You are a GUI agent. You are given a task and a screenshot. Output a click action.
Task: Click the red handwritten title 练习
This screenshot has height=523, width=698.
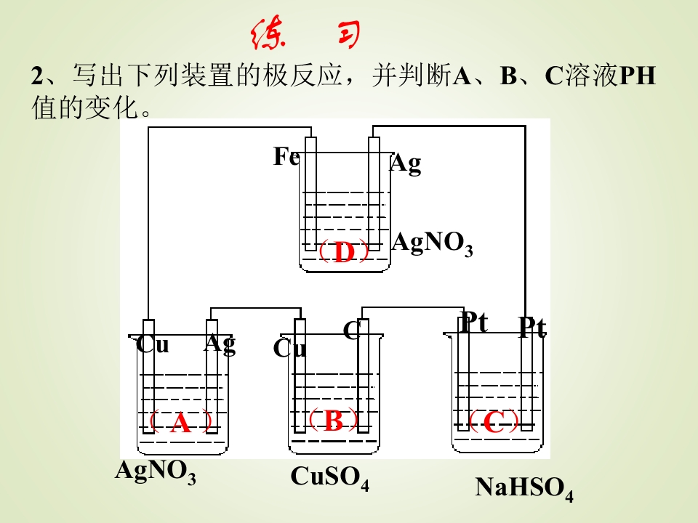click(x=305, y=33)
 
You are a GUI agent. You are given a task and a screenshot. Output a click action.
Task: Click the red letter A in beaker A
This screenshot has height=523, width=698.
click(x=181, y=423)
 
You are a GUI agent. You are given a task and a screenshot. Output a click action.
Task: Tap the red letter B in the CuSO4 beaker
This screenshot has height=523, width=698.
click(x=334, y=420)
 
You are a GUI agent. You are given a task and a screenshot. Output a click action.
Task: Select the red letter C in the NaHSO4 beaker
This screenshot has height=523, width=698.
click(x=494, y=421)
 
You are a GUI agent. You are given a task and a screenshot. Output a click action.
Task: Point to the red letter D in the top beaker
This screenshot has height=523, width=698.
click(x=344, y=252)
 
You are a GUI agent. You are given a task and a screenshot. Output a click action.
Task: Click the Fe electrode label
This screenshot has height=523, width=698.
click(x=286, y=156)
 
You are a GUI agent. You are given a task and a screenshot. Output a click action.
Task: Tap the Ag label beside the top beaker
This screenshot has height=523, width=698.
click(x=406, y=163)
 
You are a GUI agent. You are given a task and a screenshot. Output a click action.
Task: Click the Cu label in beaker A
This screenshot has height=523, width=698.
click(x=153, y=344)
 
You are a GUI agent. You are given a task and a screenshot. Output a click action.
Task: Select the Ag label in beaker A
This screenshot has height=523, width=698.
click(x=220, y=344)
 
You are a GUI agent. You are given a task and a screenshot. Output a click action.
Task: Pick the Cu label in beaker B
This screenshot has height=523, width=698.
click(x=290, y=348)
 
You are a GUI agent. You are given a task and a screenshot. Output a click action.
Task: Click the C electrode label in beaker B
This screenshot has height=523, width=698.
click(x=351, y=331)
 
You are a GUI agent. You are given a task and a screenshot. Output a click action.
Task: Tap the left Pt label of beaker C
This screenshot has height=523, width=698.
click(x=475, y=322)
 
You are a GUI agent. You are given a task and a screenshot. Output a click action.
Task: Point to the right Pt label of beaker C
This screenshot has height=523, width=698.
click(x=533, y=328)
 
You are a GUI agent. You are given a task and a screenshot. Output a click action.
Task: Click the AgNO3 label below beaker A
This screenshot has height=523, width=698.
click(x=156, y=471)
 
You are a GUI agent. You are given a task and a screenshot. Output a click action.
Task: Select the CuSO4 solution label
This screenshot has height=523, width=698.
click(x=330, y=478)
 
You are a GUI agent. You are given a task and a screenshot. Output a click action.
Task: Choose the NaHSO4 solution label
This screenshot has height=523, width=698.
click(x=524, y=488)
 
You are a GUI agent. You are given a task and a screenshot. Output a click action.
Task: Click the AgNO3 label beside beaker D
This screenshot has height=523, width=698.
click(x=432, y=244)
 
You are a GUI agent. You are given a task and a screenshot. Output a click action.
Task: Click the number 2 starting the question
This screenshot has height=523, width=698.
click(x=36, y=76)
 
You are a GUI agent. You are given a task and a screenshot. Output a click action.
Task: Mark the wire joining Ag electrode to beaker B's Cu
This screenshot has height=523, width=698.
click(x=256, y=308)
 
